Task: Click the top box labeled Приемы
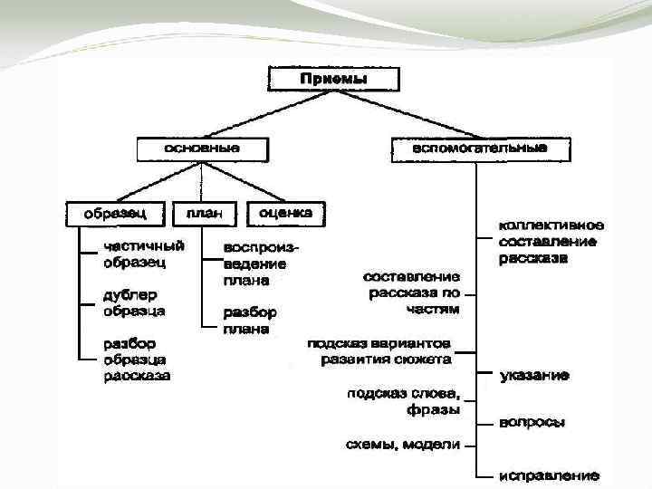pos(332,79)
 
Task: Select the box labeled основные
pos(202,148)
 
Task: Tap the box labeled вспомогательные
pos(480,148)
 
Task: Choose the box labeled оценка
pos(285,213)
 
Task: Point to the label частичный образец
pos(144,254)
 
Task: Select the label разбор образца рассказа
pos(137,359)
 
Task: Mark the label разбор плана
pos(250,320)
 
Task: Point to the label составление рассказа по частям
pos(413,292)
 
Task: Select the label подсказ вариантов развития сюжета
pos(379,351)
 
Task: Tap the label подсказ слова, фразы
pos(404,401)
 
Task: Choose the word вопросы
pos(533,422)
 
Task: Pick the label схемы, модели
pos(403,444)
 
